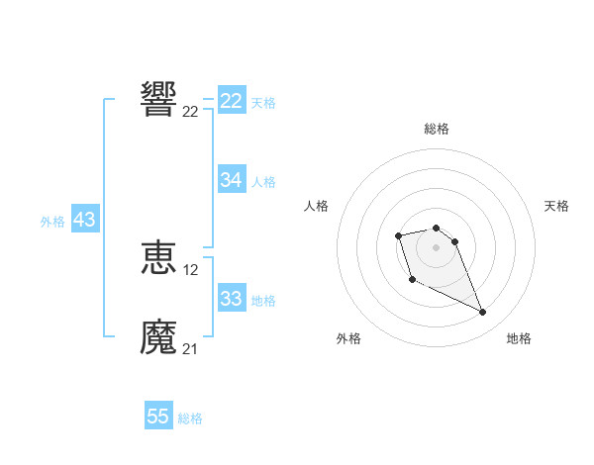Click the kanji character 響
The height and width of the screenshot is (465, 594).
pos(158,100)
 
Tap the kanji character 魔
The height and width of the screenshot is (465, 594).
pos(158,337)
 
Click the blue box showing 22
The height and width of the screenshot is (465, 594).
pos(232,101)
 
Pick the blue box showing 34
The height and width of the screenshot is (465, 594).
pos(232,180)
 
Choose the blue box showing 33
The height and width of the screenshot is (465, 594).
pos(232,299)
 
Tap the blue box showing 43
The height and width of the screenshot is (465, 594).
pos(85,220)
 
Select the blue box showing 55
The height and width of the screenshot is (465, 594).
pos(158,417)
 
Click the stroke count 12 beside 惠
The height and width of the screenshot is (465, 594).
pos(191,270)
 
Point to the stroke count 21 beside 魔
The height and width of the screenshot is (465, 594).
pos(191,348)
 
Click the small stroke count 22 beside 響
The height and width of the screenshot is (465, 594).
pos(191,112)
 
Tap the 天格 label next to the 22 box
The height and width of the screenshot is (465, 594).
pos(263,102)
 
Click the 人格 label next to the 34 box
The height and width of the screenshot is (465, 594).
pos(263,181)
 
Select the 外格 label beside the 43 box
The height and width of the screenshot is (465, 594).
pos(52,222)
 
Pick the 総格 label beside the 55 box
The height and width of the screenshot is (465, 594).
pos(190,418)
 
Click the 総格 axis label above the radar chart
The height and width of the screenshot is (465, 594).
pos(436,129)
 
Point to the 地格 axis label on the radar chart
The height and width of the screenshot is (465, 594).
pos(519,338)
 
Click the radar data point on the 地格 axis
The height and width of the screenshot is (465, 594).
pos(483,313)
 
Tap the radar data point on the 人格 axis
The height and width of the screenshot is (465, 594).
pos(398,235)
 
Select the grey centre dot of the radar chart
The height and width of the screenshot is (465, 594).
pos(436,247)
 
